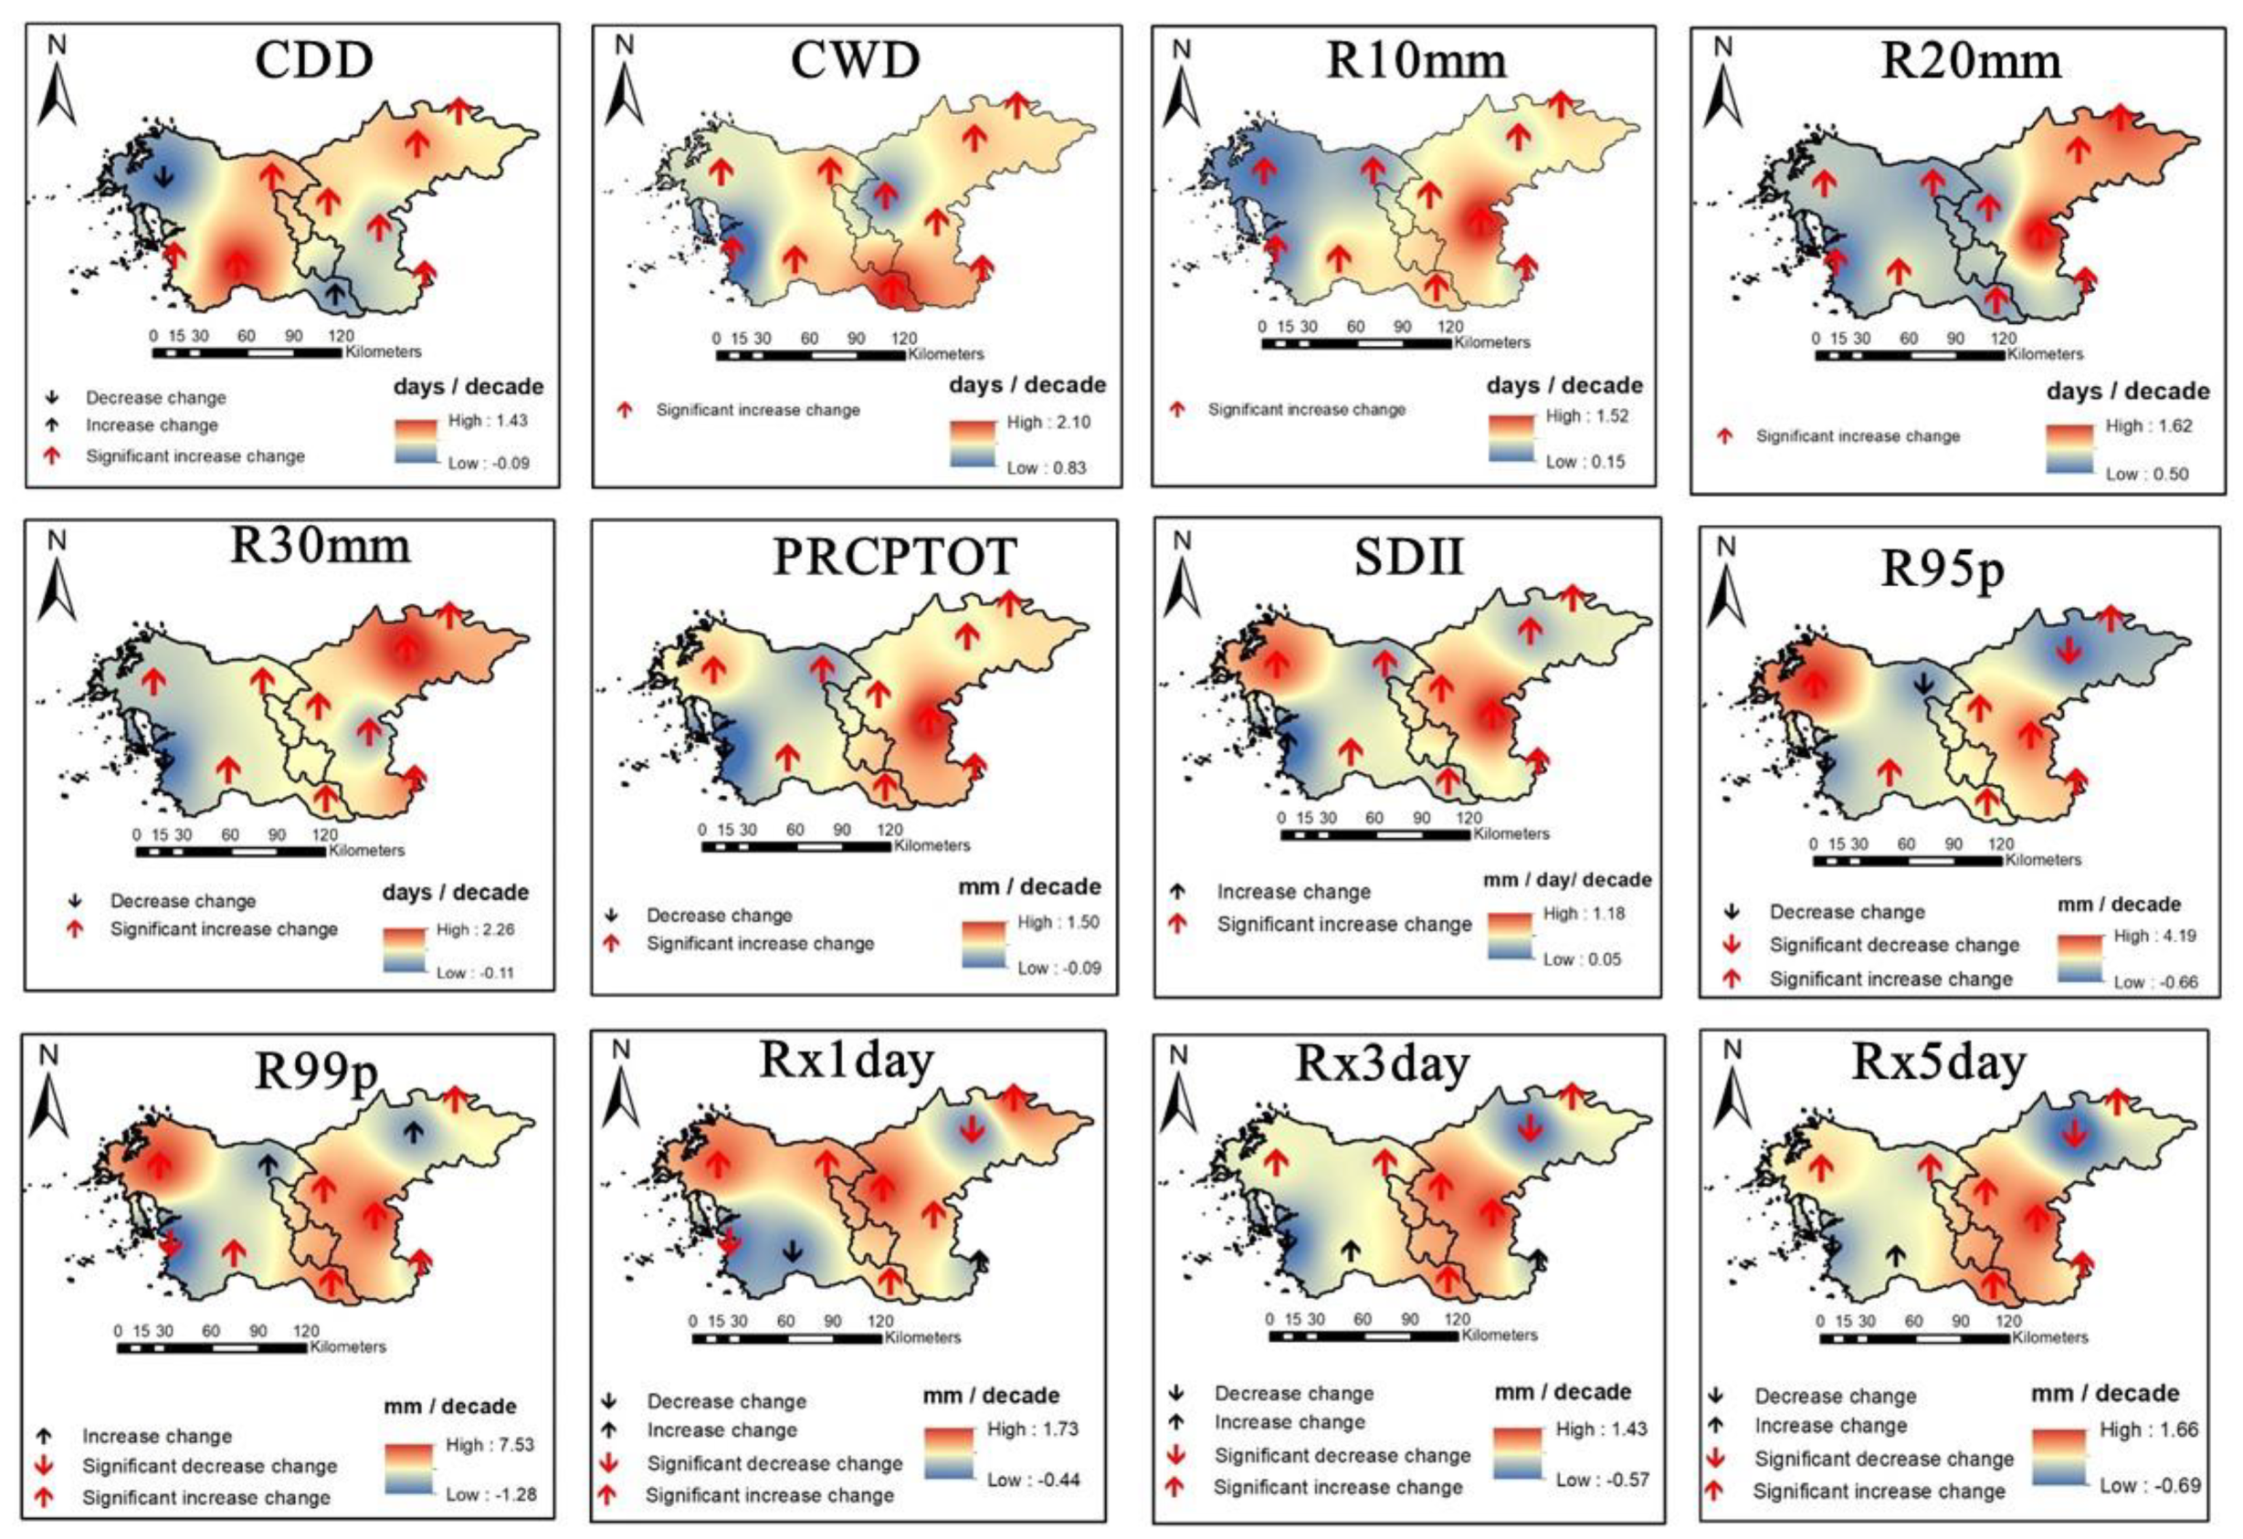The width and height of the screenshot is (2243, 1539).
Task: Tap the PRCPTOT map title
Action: [x=894, y=557]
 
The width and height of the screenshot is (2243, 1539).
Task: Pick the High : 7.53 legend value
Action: [x=490, y=1444]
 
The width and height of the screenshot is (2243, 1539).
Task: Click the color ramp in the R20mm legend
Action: [x=2069, y=450]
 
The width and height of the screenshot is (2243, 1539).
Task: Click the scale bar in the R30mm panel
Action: [x=231, y=852]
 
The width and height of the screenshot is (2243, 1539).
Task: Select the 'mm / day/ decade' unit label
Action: [x=1566, y=880]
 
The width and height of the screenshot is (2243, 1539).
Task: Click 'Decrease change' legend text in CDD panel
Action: [x=155, y=398]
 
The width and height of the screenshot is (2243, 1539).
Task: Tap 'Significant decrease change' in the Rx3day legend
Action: [x=1342, y=1455]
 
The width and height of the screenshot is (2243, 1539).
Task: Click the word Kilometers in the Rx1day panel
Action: [x=922, y=1337]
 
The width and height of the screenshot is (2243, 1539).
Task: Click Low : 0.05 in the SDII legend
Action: [x=1582, y=959]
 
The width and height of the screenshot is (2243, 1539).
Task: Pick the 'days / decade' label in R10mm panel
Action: [x=1564, y=386]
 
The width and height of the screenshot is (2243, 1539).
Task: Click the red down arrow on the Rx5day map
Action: [x=2074, y=1135]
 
